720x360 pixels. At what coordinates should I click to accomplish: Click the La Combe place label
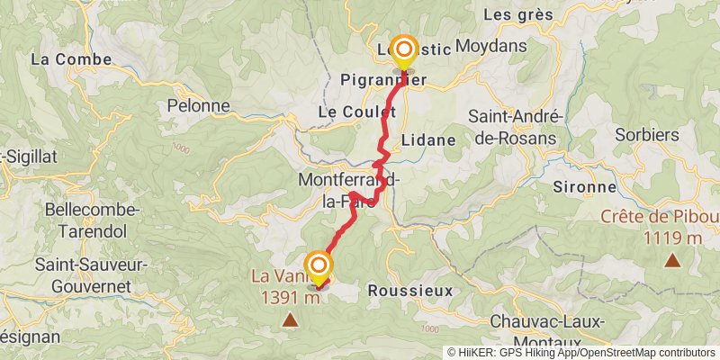tap(72, 59)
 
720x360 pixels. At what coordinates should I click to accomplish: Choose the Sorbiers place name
tap(646, 135)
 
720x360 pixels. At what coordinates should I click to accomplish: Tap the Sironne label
tap(585, 187)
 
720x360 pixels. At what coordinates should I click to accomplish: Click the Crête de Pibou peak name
tap(661, 217)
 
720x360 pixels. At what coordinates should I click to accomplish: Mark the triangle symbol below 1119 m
tap(671, 261)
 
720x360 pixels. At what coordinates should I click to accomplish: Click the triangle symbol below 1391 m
tap(290, 319)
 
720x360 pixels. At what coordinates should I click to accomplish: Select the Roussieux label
tap(410, 291)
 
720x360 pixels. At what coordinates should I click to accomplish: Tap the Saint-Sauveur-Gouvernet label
tap(83, 275)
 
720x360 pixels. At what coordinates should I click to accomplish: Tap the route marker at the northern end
tap(403, 49)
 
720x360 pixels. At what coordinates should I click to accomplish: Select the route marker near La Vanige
tap(319, 265)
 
